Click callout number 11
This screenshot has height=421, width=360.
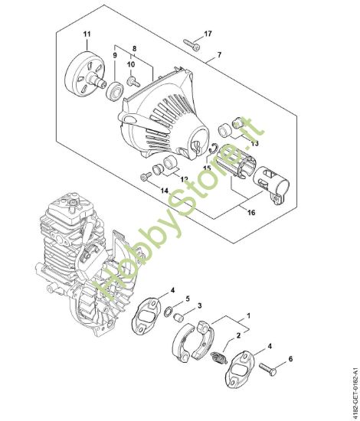click(87, 34)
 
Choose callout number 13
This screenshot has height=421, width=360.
click(255, 143)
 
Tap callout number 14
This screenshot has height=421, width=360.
click(164, 189)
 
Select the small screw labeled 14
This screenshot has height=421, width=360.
click(146, 178)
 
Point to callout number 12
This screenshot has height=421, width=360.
click(184, 179)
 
